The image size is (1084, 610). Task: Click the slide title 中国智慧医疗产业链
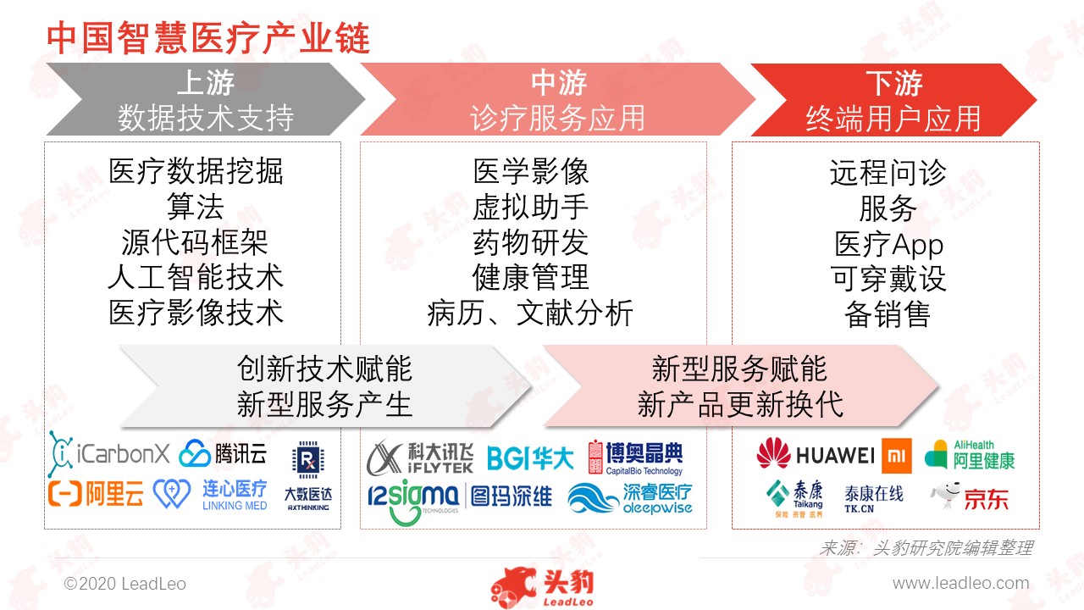[208, 38]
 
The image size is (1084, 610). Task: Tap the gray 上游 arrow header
[206, 99]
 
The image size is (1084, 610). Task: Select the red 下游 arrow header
[893, 100]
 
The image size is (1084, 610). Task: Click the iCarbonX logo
[109, 453]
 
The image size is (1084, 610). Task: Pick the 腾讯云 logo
[223, 454]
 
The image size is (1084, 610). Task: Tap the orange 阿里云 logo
[96, 494]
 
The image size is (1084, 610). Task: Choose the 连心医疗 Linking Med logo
[210, 494]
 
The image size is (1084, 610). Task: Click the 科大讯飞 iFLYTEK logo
[419, 457]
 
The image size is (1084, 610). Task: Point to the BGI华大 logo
[530, 458]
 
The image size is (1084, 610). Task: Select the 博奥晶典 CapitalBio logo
[635, 457]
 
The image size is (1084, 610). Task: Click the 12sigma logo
[412, 502]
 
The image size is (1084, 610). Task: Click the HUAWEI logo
[816, 454]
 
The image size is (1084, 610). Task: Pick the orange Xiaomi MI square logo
[896, 456]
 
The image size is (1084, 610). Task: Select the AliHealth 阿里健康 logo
[970, 455]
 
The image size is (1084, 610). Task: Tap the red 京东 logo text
[987, 499]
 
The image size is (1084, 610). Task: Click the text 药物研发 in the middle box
[530, 242]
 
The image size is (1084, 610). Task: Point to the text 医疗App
[889, 245]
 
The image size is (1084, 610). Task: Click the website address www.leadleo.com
[960, 583]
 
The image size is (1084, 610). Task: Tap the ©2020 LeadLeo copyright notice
[124, 584]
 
